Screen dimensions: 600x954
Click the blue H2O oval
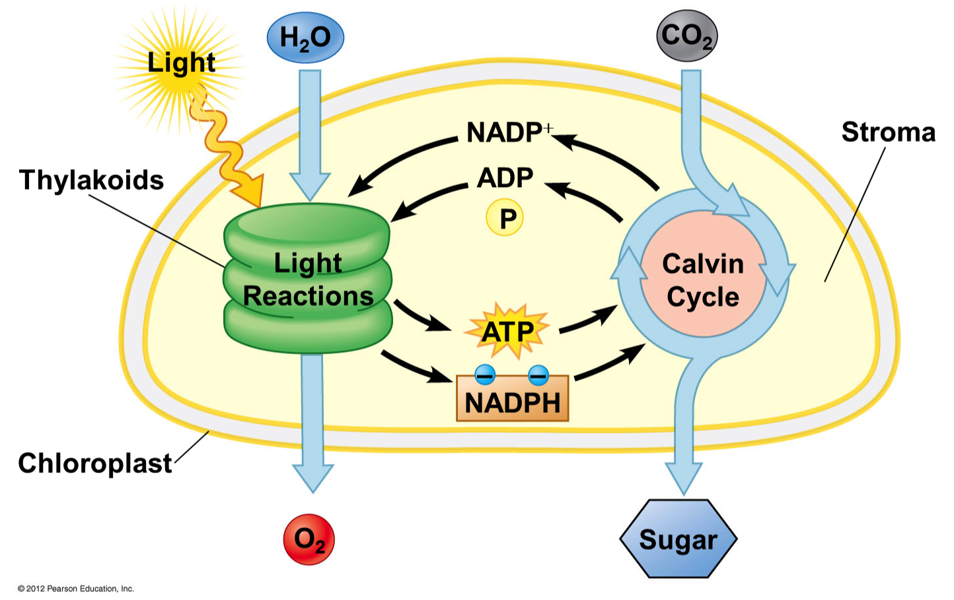point(305,37)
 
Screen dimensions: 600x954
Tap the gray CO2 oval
point(687,36)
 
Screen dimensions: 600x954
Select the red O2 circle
point(309,539)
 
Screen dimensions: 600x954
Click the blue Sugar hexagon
point(678,539)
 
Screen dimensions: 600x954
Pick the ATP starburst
point(507,330)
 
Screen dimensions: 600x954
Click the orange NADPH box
point(512,399)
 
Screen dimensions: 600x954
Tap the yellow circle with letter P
point(505,219)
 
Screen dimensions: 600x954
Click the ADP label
point(505,177)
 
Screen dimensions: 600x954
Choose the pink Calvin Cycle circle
point(703,280)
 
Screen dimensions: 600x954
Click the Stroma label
point(888,132)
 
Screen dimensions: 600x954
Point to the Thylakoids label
point(91,180)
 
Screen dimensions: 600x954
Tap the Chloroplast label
point(94,463)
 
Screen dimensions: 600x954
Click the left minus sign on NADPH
point(485,375)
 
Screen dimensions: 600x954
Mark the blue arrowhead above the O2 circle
point(312,477)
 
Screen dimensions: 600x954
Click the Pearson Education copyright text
point(76,588)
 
